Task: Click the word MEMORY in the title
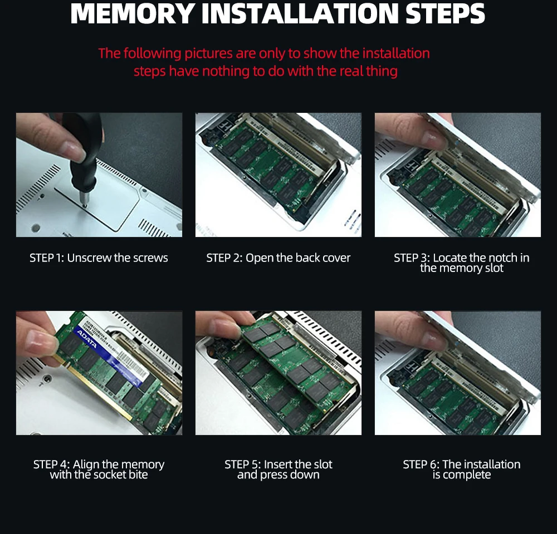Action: [x=133, y=13]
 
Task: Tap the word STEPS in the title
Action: [x=445, y=13]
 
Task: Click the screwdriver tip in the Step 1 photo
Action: [x=84, y=205]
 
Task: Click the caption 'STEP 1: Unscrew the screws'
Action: [x=99, y=258]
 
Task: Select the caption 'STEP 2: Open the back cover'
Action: [x=278, y=258]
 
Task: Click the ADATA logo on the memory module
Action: [x=86, y=339]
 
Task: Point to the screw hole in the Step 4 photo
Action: [x=46, y=379]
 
